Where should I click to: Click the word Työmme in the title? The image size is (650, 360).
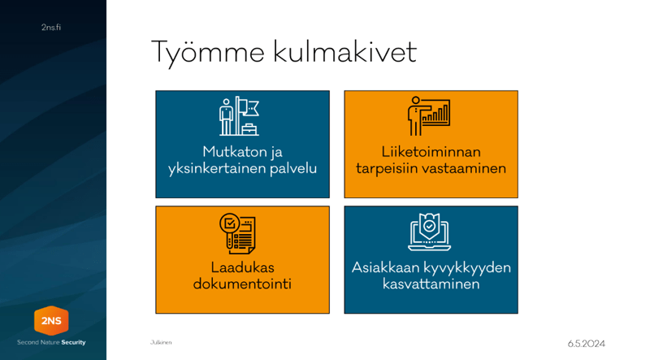click(x=208, y=53)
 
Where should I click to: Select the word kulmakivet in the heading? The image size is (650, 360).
click(x=344, y=51)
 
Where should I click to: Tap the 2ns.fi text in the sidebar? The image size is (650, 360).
click(x=51, y=28)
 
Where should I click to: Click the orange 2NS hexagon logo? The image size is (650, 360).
click(x=51, y=321)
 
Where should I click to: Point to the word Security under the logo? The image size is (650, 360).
click(x=73, y=343)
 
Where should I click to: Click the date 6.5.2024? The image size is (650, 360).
click(x=586, y=344)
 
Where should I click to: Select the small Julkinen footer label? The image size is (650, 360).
click(x=161, y=343)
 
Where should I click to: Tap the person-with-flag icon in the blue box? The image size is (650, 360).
click(x=239, y=116)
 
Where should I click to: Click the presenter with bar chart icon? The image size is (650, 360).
click(x=429, y=116)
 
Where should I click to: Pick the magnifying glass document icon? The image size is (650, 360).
click(x=237, y=233)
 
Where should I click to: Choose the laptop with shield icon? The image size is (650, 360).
click(x=430, y=232)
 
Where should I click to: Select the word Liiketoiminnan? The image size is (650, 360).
click(x=431, y=152)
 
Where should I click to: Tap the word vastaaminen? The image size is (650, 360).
click(x=468, y=168)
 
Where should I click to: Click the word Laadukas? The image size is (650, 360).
click(x=242, y=267)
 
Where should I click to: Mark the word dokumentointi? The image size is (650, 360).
click(x=242, y=284)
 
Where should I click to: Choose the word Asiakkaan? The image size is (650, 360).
click(x=386, y=267)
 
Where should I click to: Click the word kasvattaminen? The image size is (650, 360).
click(x=431, y=284)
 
